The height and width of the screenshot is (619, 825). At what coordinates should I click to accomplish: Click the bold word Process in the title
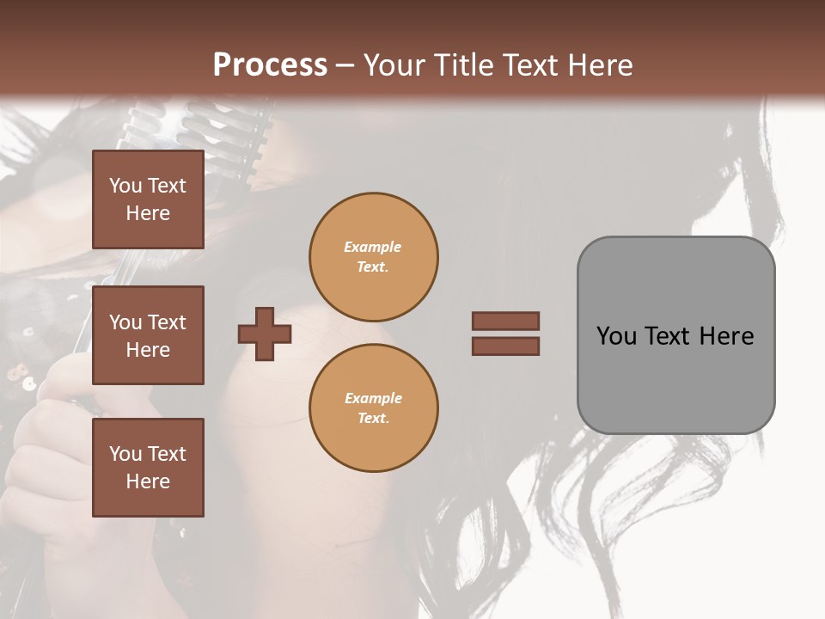click(x=270, y=65)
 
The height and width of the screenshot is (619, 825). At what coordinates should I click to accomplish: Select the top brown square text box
click(x=148, y=199)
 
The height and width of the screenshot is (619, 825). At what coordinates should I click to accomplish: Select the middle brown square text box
click(x=148, y=335)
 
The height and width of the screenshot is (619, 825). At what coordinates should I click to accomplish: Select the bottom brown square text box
click(x=148, y=468)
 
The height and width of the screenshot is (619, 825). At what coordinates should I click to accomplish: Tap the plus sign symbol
click(x=265, y=334)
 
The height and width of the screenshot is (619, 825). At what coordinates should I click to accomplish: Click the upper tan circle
click(x=374, y=257)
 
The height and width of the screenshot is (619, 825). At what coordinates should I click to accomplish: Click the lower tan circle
click(x=374, y=408)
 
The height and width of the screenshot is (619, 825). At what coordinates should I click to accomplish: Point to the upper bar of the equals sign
click(x=505, y=321)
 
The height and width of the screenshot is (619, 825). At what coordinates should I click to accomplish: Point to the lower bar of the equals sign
click(x=505, y=346)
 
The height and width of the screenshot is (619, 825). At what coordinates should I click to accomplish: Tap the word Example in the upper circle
click(x=372, y=247)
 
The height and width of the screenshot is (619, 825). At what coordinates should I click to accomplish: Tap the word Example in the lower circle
click(x=373, y=398)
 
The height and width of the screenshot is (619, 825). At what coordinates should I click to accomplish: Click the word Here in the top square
click(x=148, y=213)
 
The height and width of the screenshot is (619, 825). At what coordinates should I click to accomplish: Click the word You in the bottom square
click(x=125, y=454)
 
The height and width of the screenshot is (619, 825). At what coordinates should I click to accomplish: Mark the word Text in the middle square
click(x=167, y=322)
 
